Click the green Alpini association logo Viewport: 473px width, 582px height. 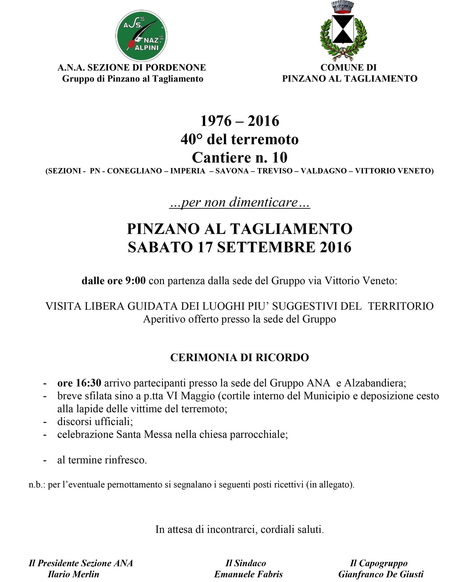coord(141,36)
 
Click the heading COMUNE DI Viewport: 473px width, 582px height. coord(348,68)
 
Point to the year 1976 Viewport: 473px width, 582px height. coord(216,121)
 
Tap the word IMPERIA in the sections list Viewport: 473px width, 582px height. coord(188,171)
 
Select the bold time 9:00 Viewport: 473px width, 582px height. coord(135,281)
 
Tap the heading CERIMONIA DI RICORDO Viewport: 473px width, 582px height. coord(239,357)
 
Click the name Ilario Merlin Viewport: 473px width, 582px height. coord(73,574)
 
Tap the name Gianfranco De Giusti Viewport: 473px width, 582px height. coord(380,574)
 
